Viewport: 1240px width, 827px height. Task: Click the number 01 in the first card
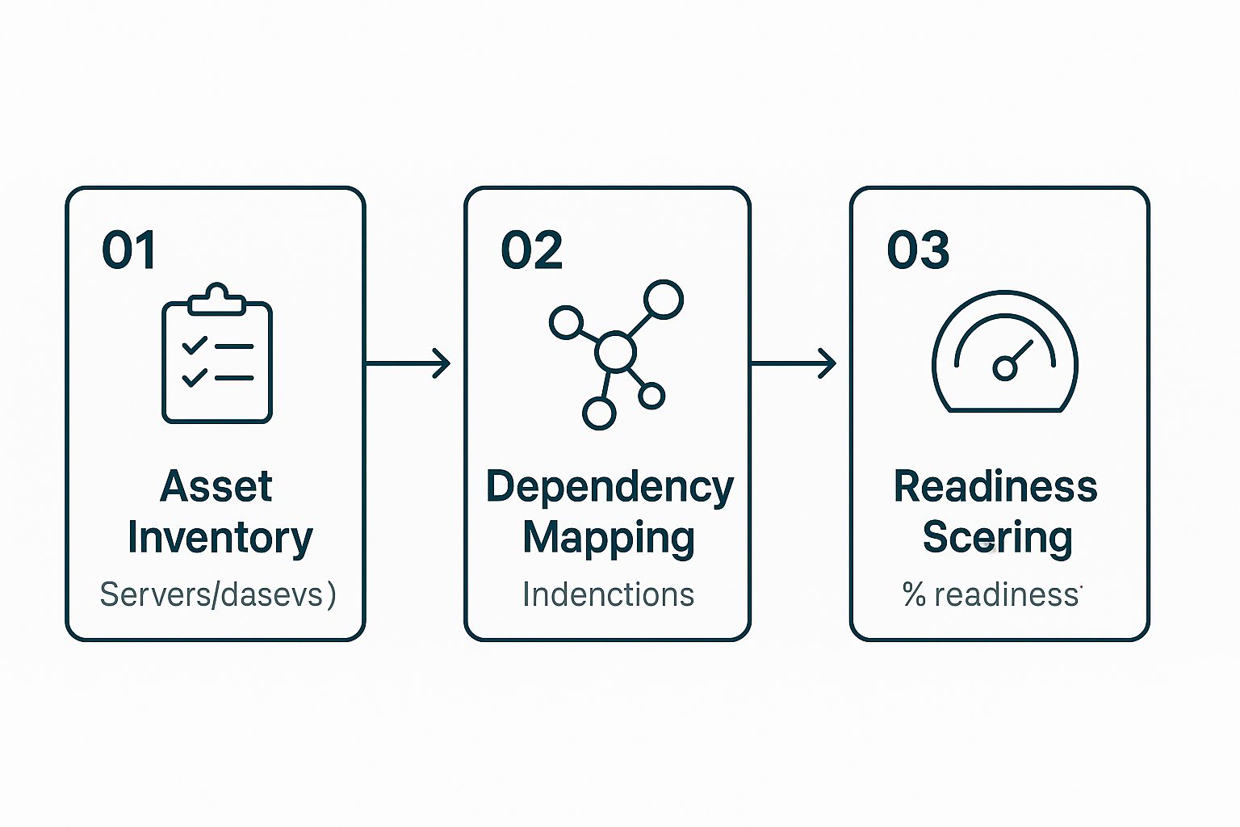tap(128, 250)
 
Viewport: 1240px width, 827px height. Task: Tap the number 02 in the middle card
tap(531, 250)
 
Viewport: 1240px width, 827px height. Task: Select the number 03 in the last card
tap(918, 250)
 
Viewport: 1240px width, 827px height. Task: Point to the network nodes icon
tap(616, 354)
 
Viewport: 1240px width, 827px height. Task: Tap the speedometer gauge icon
tap(1005, 352)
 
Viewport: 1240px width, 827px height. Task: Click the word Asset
tap(216, 486)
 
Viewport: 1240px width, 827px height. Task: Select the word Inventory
tap(220, 538)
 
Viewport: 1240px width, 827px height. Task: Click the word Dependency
tap(610, 488)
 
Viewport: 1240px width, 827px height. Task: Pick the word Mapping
tap(609, 539)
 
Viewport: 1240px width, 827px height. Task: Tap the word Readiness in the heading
tap(995, 486)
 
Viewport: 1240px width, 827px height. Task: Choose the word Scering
tap(997, 538)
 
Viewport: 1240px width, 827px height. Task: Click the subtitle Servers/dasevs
tap(217, 595)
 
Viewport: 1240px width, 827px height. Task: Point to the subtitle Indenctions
tap(608, 595)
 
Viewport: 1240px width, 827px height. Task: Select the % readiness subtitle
tap(991, 595)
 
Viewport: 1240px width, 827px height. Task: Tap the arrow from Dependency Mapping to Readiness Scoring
tap(794, 363)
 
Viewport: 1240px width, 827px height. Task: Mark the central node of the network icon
tap(615, 352)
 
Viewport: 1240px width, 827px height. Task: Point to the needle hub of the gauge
tap(1004, 369)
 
